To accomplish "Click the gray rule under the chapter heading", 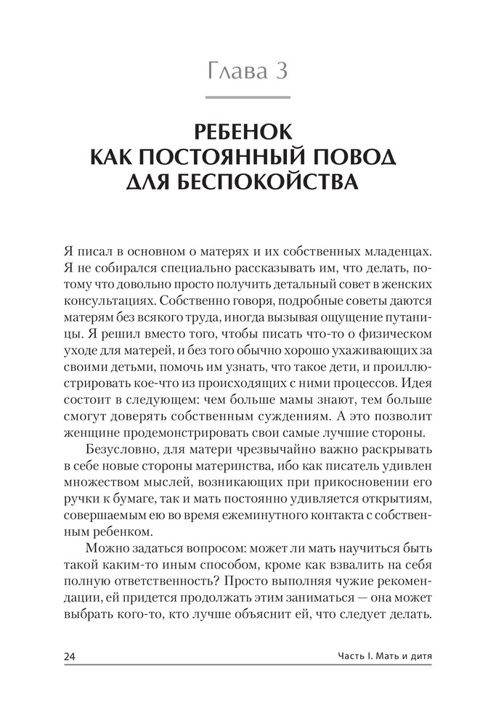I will click(248, 97).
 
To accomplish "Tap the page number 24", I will click(70, 657).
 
